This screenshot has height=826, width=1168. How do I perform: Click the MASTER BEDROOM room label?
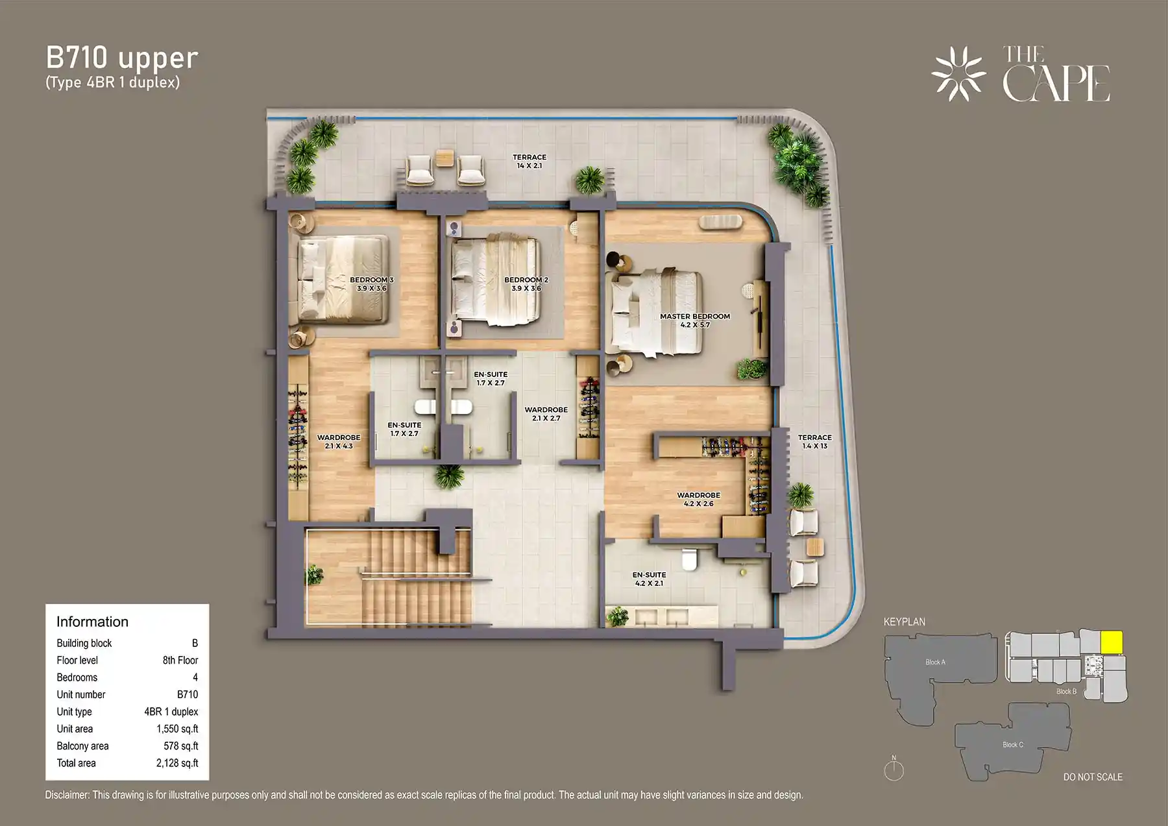click(694, 321)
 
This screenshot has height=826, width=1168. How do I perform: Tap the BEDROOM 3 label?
click(371, 284)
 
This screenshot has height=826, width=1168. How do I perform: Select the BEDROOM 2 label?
click(526, 284)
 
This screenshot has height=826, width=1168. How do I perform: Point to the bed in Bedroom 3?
click(343, 280)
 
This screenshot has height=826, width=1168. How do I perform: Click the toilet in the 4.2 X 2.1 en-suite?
click(688, 558)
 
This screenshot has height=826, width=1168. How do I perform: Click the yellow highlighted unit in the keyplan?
click(1112, 642)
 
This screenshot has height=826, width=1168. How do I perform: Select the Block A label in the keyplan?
click(935, 662)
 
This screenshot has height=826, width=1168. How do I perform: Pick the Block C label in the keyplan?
click(1012, 744)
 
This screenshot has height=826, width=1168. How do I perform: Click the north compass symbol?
click(894, 770)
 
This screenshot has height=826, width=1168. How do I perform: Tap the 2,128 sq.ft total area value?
click(176, 763)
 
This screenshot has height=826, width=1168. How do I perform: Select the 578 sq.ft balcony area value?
click(180, 746)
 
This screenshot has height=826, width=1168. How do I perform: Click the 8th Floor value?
click(180, 660)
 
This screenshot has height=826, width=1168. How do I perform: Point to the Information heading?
click(92, 622)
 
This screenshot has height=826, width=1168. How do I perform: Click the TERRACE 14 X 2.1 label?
click(529, 162)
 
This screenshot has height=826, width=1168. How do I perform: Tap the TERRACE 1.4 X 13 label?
click(814, 442)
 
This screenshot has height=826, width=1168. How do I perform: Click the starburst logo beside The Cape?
click(958, 73)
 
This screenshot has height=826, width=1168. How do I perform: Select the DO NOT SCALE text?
click(1092, 777)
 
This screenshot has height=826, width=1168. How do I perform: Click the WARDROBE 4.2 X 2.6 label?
click(698, 499)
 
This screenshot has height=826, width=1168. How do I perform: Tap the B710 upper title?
click(121, 58)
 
